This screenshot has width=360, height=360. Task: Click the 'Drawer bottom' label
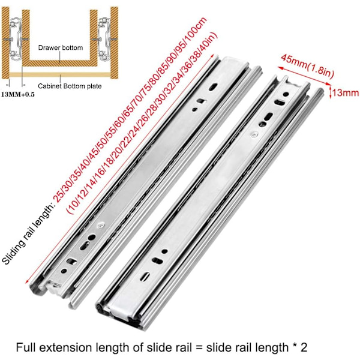point(61,48)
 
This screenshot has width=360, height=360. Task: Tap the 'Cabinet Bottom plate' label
point(70,86)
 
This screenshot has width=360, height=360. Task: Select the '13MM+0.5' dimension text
point(18,94)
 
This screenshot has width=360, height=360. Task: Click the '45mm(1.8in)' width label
point(307,67)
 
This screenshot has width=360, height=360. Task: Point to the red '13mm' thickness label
point(346,93)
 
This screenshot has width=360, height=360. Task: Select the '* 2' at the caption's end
point(300,347)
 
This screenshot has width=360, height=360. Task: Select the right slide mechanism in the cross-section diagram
point(104,38)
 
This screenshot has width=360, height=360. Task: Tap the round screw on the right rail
point(253,134)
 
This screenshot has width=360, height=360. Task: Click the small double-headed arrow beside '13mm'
point(330,92)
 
